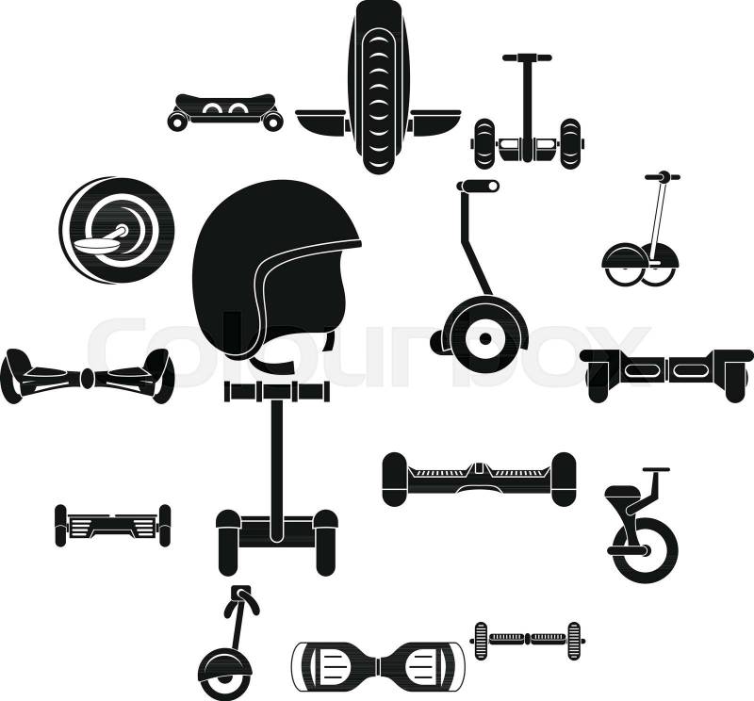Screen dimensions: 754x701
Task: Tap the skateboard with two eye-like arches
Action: (x=224, y=111)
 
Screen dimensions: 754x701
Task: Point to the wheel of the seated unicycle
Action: (x=645, y=549)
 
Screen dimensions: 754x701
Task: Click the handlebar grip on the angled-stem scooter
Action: (x=478, y=186)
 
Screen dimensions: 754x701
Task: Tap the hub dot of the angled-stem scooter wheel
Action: (x=485, y=339)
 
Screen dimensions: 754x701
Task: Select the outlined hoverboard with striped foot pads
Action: (x=379, y=665)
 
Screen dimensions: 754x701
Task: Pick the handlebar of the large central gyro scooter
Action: (x=277, y=391)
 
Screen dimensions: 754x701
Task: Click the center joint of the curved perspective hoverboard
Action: (x=88, y=379)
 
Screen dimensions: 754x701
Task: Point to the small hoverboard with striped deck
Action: (x=113, y=525)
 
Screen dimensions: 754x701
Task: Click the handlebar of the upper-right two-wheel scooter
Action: (x=663, y=176)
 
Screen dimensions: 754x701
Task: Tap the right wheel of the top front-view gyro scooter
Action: (x=570, y=143)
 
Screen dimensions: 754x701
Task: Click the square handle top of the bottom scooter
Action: (x=240, y=593)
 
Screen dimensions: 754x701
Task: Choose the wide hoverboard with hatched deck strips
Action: (x=479, y=479)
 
